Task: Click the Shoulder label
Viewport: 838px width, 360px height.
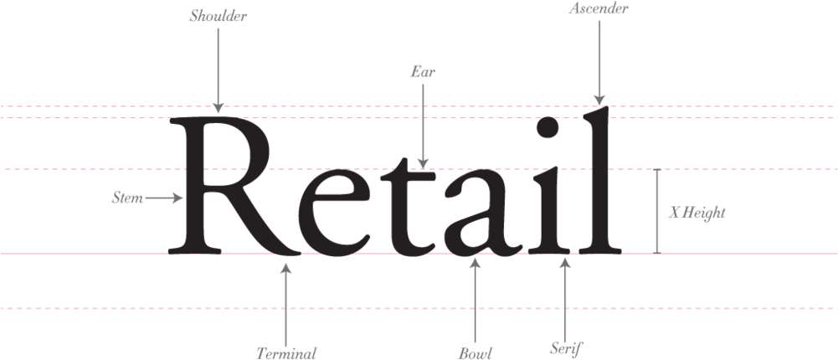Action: pyautogui.click(x=218, y=17)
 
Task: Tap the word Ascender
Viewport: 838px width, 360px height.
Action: pyautogui.click(x=599, y=8)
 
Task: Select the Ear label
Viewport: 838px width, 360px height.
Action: pyautogui.click(x=423, y=71)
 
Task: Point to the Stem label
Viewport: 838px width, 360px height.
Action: pyautogui.click(x=128, y=198)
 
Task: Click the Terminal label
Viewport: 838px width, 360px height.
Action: pyautogui.click(x=286, y=353)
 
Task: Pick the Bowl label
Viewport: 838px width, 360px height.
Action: pyautogui.click(x=476, y=353)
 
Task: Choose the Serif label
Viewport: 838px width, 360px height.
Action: pyautogui.click(x=565, y=349)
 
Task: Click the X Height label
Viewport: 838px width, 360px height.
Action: pyautogui.click(x=697, y=213)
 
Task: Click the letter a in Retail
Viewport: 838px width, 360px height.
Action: pyautogui.click(x=482, y=213)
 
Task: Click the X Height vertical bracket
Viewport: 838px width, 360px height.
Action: pyautogui.click(x=657, y=211)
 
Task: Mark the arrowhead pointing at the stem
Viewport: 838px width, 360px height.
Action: pyautogui.click(x=178, y=198)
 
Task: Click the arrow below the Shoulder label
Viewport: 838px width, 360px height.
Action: pyautogui.click(x=218, y=70)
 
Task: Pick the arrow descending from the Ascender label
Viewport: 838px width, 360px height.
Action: pyautogui.click(x=599, y=63)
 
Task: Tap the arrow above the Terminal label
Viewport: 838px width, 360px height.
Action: pyautogui.click(x=286, y=305)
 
